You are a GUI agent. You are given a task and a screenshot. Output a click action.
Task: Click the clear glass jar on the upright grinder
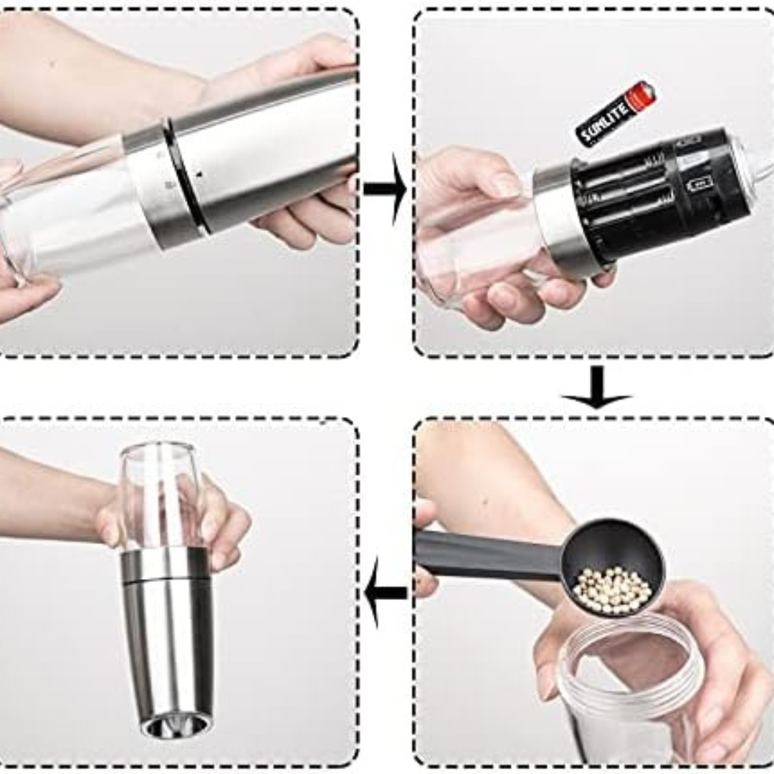pos(159,494)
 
